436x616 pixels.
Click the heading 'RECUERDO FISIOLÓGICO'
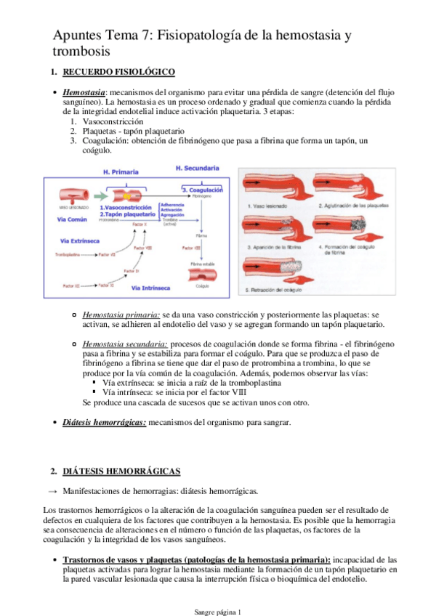coord(119,72)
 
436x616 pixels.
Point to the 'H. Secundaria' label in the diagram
coord(198,168)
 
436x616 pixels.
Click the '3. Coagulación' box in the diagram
coord(202,190)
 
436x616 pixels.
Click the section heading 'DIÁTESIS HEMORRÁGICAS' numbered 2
coord(121,471)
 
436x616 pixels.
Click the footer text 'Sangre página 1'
coord(217,612)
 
